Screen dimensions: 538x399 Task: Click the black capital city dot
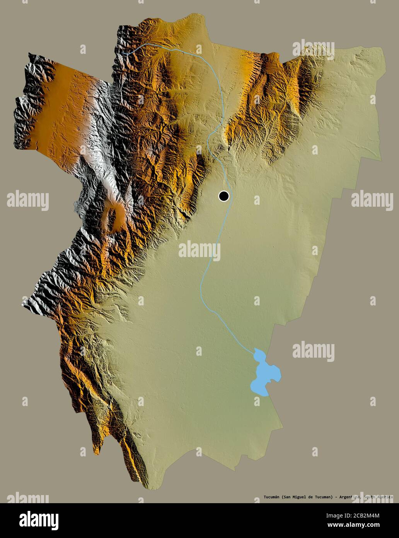[x=223, y=196]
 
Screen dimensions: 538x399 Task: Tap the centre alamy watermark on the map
[x=199, y=251]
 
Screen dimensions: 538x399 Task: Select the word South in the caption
[x=370, y=497]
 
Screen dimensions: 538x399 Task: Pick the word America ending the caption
[x=385, y=497]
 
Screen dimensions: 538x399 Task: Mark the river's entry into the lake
[x=254, y=351]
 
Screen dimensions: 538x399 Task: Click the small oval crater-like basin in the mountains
[x=115, y=214]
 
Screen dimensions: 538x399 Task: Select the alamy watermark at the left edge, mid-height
[x=27, y=200]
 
